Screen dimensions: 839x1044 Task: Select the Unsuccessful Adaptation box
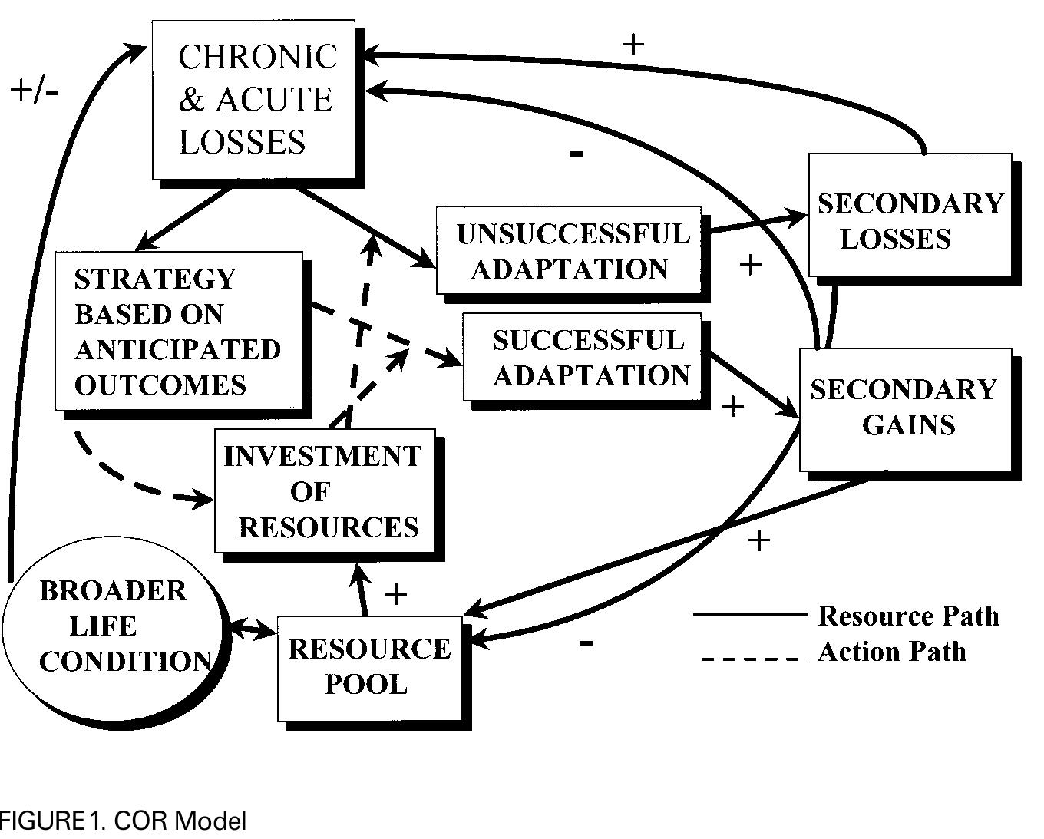[569, 250]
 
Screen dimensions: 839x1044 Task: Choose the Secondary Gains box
[906, 409]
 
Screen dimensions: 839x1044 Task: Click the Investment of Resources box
[325, 491]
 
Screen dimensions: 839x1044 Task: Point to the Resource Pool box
[369, 667]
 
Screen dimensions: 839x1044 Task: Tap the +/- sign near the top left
[35, 91]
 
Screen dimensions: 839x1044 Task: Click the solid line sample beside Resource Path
[750, 615]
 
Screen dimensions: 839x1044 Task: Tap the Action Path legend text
[891, 652]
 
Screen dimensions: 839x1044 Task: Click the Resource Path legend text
[908, 616]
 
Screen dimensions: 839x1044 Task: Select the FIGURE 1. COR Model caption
[123, 821]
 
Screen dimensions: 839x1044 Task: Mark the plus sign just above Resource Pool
[395, 594]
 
